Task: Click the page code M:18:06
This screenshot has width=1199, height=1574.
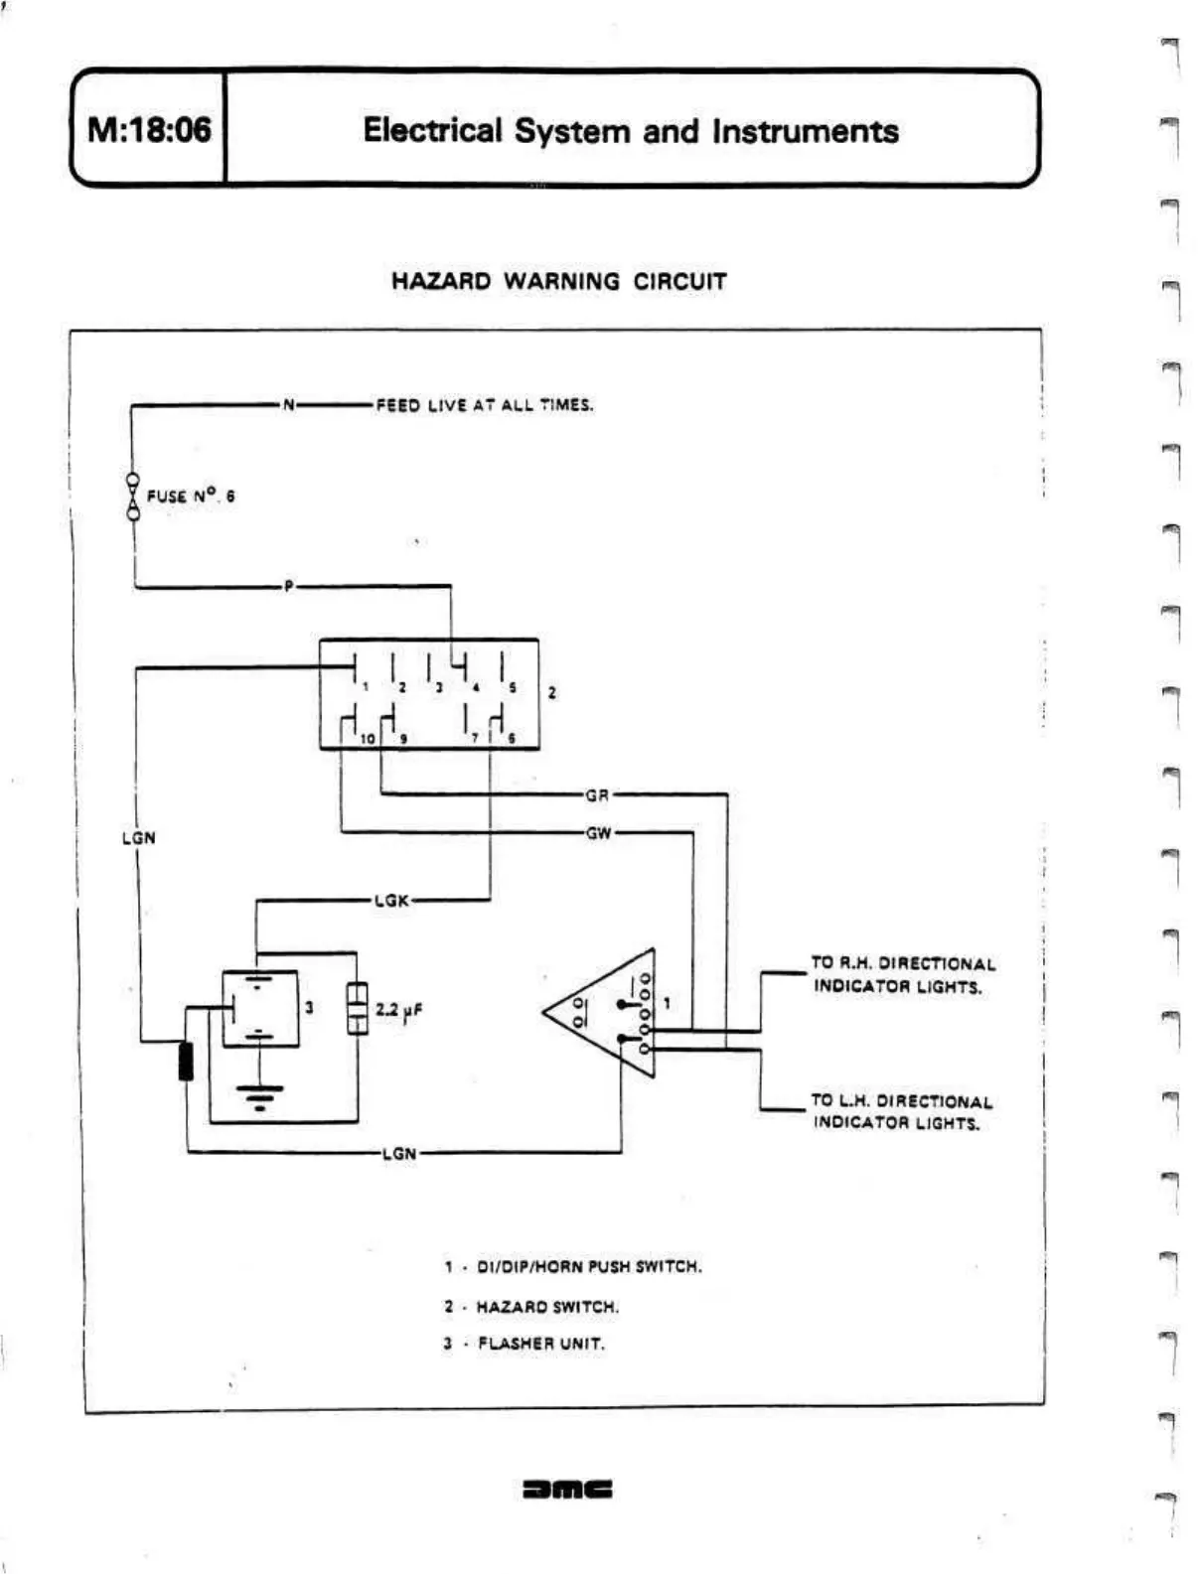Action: tap(149, 130)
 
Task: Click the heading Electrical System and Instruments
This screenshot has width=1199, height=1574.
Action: tap(630, 131)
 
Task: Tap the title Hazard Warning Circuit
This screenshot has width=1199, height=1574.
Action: tap(558, 281)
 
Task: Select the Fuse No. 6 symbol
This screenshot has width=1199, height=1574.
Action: tap(132, 495)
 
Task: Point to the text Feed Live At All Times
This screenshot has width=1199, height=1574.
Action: tap(484, 405)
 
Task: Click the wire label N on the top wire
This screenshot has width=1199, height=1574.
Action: tap(288, 405)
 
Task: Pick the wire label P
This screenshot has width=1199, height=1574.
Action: tap(288, 587)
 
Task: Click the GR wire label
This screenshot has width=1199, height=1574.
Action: tap(596, 795)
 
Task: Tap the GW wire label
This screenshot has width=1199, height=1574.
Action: tap(598, 833)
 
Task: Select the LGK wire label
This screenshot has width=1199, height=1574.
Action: tap(391, 901)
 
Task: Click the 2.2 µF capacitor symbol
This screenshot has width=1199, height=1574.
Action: tap(357, 1009)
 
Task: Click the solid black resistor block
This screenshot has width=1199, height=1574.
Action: tap(186, 1061)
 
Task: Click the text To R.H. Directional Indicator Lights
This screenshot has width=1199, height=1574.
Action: tap(902, 975)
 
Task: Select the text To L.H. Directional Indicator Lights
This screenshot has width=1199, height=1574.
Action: tap(900, 1112)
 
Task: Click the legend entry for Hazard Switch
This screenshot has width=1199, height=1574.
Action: tap(531, 1307)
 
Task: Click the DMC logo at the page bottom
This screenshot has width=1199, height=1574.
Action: tap(567, 1489)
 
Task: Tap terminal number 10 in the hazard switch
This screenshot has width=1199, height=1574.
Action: tap(368, 738)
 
